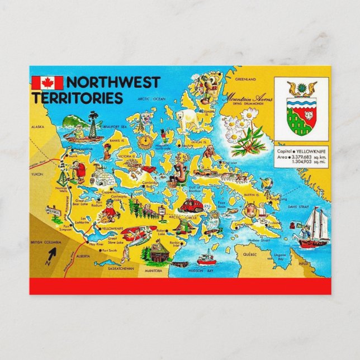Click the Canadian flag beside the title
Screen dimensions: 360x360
pyautogui.click(x=48, y=83)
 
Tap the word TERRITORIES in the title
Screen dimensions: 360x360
pyautogui.click(x=77, y=98)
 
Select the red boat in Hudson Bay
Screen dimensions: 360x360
pyautogui.click(x=207, y=258)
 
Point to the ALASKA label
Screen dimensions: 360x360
pyautogui.click(x=38, y=127)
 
